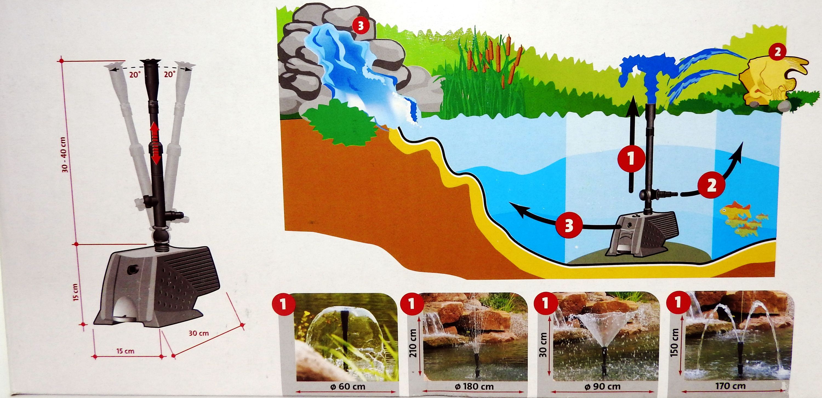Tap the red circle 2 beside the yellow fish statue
pos(778,52)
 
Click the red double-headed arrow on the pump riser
pos(155,144)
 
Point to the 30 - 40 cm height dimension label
pos(65,155)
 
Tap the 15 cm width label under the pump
pos(125,351)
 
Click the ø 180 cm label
pos(475,387)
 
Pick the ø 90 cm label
pos(602,387)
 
